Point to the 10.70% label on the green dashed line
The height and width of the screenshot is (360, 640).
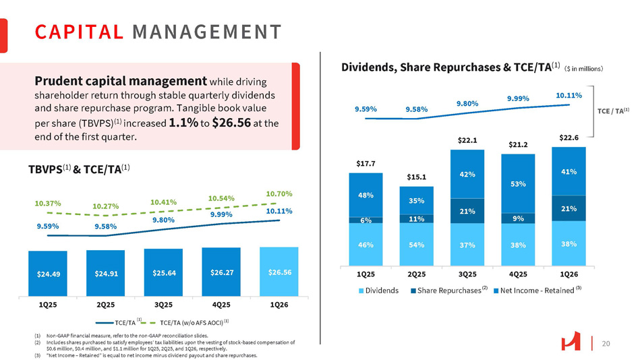279,193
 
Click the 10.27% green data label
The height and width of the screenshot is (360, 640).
106,206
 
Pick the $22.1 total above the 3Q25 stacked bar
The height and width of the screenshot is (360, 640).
467,140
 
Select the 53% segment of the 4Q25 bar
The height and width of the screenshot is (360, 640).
517,183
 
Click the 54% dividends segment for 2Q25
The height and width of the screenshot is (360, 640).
416,244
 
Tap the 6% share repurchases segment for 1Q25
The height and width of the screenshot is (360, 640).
366,220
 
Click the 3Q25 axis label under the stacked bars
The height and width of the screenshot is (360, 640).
467,274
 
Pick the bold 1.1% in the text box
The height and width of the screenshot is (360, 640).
184,123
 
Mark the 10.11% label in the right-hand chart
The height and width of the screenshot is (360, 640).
569,96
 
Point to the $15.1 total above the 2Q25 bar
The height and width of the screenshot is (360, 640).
416,177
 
